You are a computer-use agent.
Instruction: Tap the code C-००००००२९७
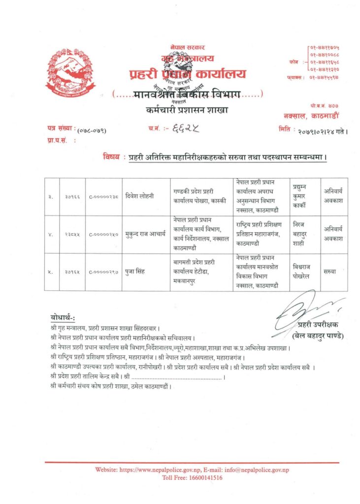pos(103,272)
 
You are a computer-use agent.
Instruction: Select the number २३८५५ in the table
pos(72,235)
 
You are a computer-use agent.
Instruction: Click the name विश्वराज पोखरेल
pos(303,272)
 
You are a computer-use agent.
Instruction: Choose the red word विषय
pos(111,157)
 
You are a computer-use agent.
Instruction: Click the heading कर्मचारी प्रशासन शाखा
pos(187,110)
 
